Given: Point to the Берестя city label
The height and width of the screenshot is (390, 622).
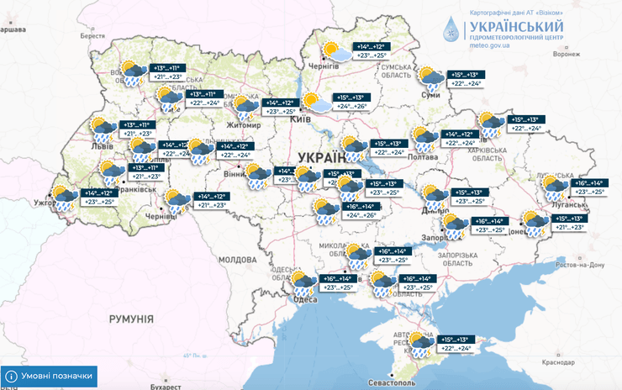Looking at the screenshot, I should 92,36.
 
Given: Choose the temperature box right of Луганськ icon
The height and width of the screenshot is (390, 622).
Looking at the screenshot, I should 588,187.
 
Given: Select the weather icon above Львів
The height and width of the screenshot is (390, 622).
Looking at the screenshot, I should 104,129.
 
